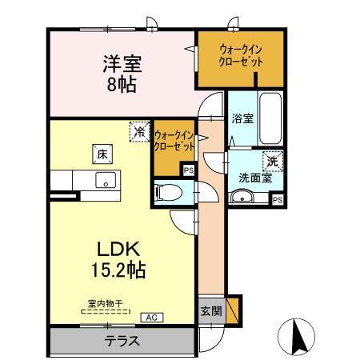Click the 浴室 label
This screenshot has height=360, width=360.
[242, 119]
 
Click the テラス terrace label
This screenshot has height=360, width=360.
[121, 340]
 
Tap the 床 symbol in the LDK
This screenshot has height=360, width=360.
[102, 151]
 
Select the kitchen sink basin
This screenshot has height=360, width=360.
[105, 180]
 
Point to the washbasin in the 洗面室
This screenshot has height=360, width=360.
[246, 198]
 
